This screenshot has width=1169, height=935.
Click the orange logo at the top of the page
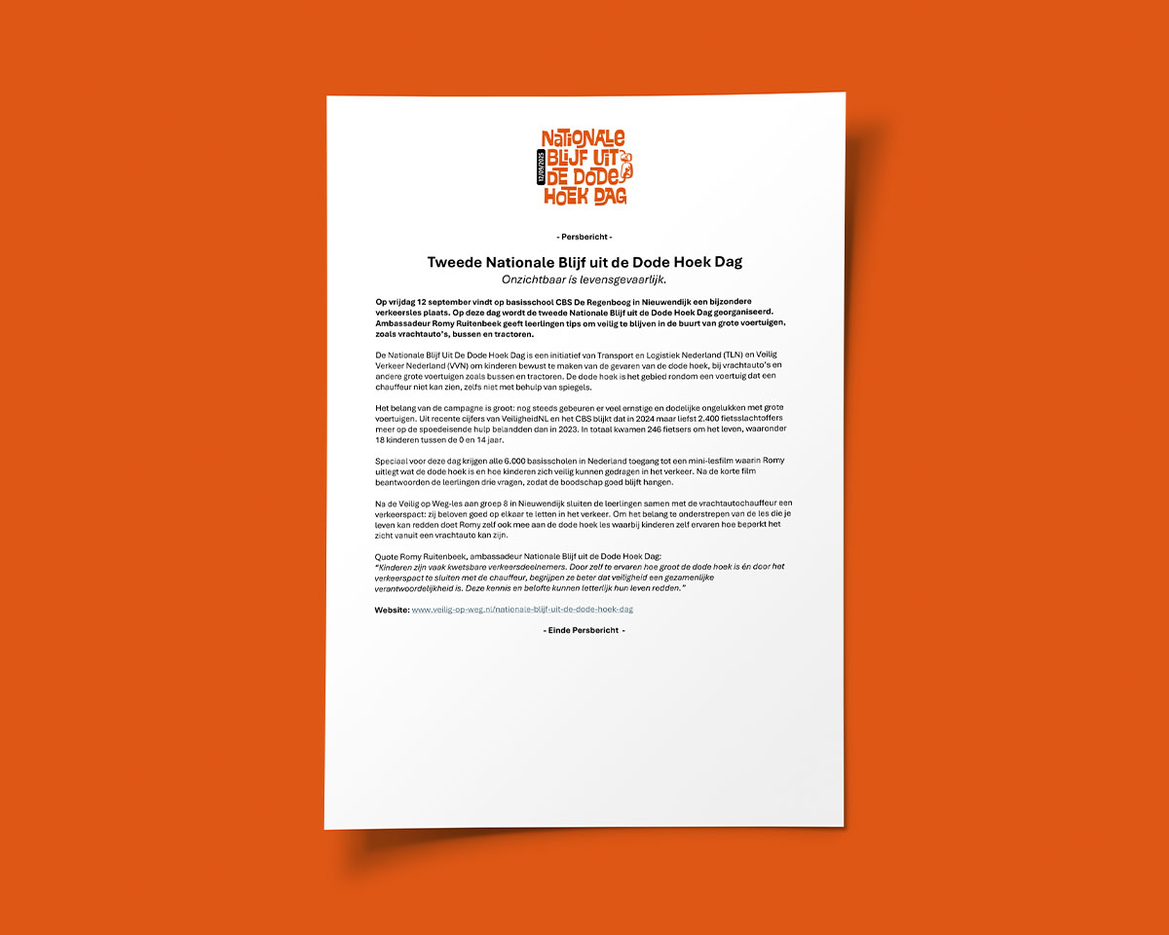[584, 168]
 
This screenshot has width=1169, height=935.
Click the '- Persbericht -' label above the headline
[584, 237]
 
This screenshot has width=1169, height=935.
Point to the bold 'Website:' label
[392, 609]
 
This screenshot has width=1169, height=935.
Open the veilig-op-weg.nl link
[522, 609]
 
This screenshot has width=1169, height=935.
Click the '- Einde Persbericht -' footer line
[584, 630]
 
